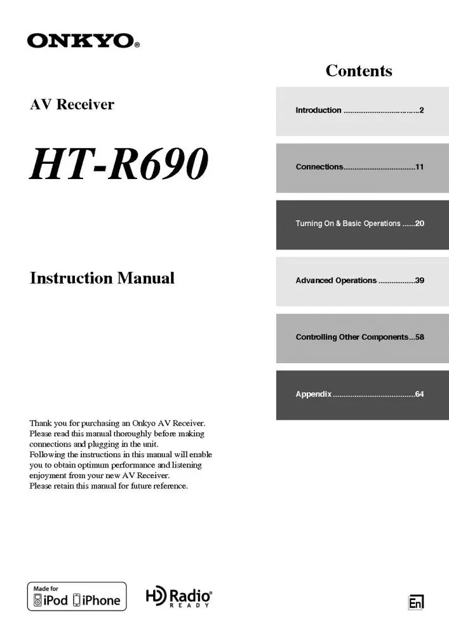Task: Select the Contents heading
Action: point(359,70)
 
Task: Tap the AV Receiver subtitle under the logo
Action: point(72,105)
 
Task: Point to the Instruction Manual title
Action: point(102,278)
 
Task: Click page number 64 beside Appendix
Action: point(419,394)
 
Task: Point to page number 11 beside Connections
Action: point(419,167)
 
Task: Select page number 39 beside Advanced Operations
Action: point(419,281)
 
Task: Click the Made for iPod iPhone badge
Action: point(77,597)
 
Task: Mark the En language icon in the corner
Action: point(416,602)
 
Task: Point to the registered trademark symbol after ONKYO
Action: point(137,45)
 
